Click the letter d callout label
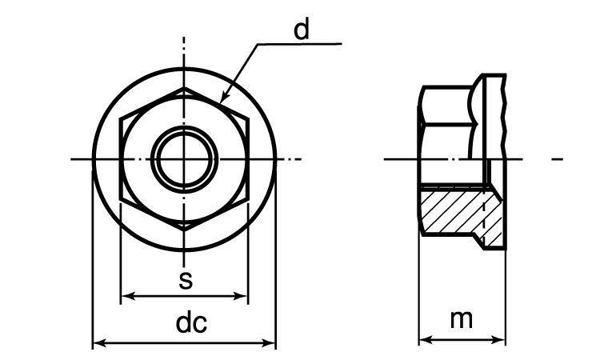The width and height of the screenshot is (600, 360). (302, 30)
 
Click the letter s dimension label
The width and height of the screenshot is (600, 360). (186, 280)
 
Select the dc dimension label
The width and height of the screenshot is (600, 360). (191, 323)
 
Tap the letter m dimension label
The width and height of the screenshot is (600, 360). (461, 319)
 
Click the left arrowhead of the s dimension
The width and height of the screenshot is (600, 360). (128, 296)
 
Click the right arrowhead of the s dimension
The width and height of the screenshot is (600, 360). (241, 296)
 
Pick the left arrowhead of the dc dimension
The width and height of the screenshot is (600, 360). (100, 342)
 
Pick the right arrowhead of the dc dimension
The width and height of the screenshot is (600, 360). (269, 342)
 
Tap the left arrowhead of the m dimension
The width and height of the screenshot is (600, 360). (426, 339)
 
